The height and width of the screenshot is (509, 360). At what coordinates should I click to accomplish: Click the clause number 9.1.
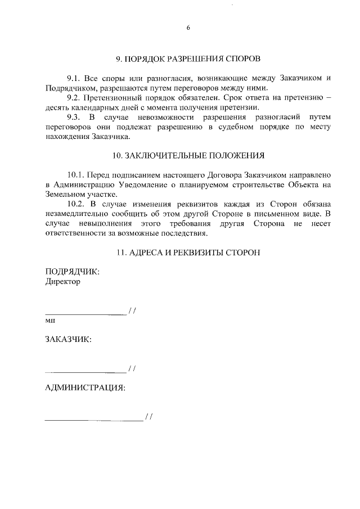tap(74, 78)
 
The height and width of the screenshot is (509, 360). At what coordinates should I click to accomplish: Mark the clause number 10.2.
tap(76, 204)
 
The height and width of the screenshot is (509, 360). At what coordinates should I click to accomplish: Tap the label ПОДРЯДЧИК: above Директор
tap(72, 272)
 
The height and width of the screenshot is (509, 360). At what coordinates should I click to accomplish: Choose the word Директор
tap(62, 282)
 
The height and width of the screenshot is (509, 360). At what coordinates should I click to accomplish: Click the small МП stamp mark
tap(50, 319)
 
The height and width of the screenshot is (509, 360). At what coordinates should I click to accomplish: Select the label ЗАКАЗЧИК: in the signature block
tap(69, 339)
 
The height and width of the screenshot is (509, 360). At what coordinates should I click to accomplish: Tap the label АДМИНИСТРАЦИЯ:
tap(85, 388)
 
